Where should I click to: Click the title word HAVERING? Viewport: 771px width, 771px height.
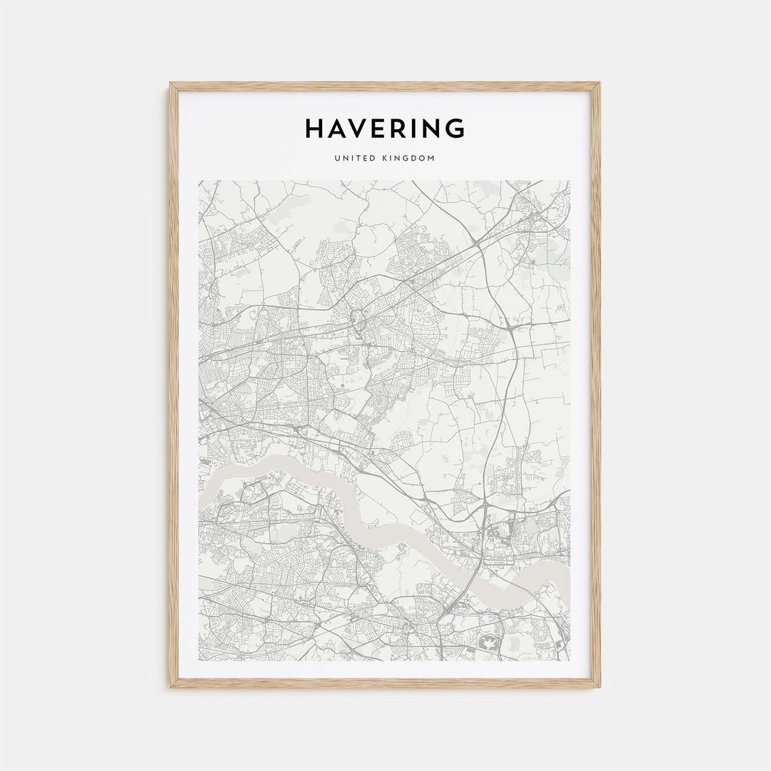[385, 128]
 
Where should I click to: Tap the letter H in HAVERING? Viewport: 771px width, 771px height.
[316, 128]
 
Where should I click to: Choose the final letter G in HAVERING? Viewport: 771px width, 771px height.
[455, 128]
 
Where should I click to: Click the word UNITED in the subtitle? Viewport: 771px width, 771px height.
[353, 158]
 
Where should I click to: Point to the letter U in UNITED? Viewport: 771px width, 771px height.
[336, 158]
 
